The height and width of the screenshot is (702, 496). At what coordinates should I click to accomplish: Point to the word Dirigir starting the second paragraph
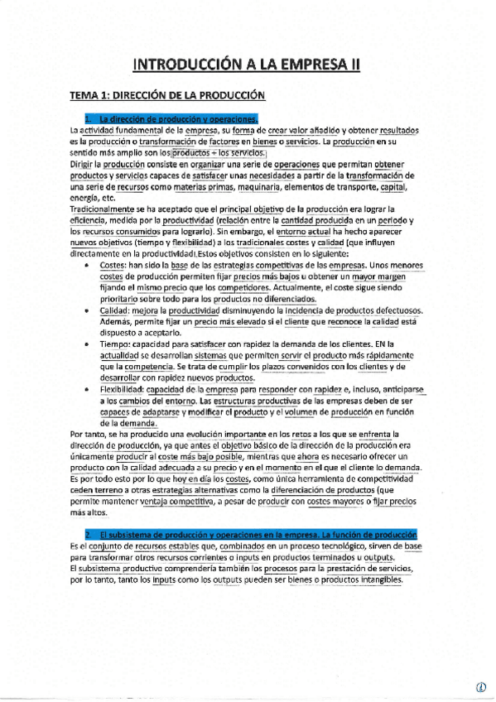tap(84, 165)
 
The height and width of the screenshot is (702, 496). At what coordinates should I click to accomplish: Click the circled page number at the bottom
tap(479, 686)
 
